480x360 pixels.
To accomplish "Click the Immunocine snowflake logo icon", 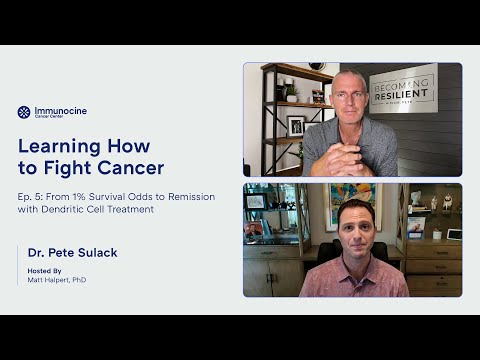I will click(x=24, y=113).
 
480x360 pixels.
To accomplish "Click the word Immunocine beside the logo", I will click(x=56, y=109).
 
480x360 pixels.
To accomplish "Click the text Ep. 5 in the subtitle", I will click(x=30, y=196).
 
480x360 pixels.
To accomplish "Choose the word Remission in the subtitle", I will click(x=190, y=196).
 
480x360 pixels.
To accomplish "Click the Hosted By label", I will click(x=44, y=271).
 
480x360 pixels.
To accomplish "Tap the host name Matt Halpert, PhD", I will click(x=57, y=280).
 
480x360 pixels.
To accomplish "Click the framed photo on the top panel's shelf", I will click(x=296, y=126).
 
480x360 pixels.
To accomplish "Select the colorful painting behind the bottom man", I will click(x=354, y=200).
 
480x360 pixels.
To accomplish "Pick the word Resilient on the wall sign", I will click(x=403, y=93).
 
